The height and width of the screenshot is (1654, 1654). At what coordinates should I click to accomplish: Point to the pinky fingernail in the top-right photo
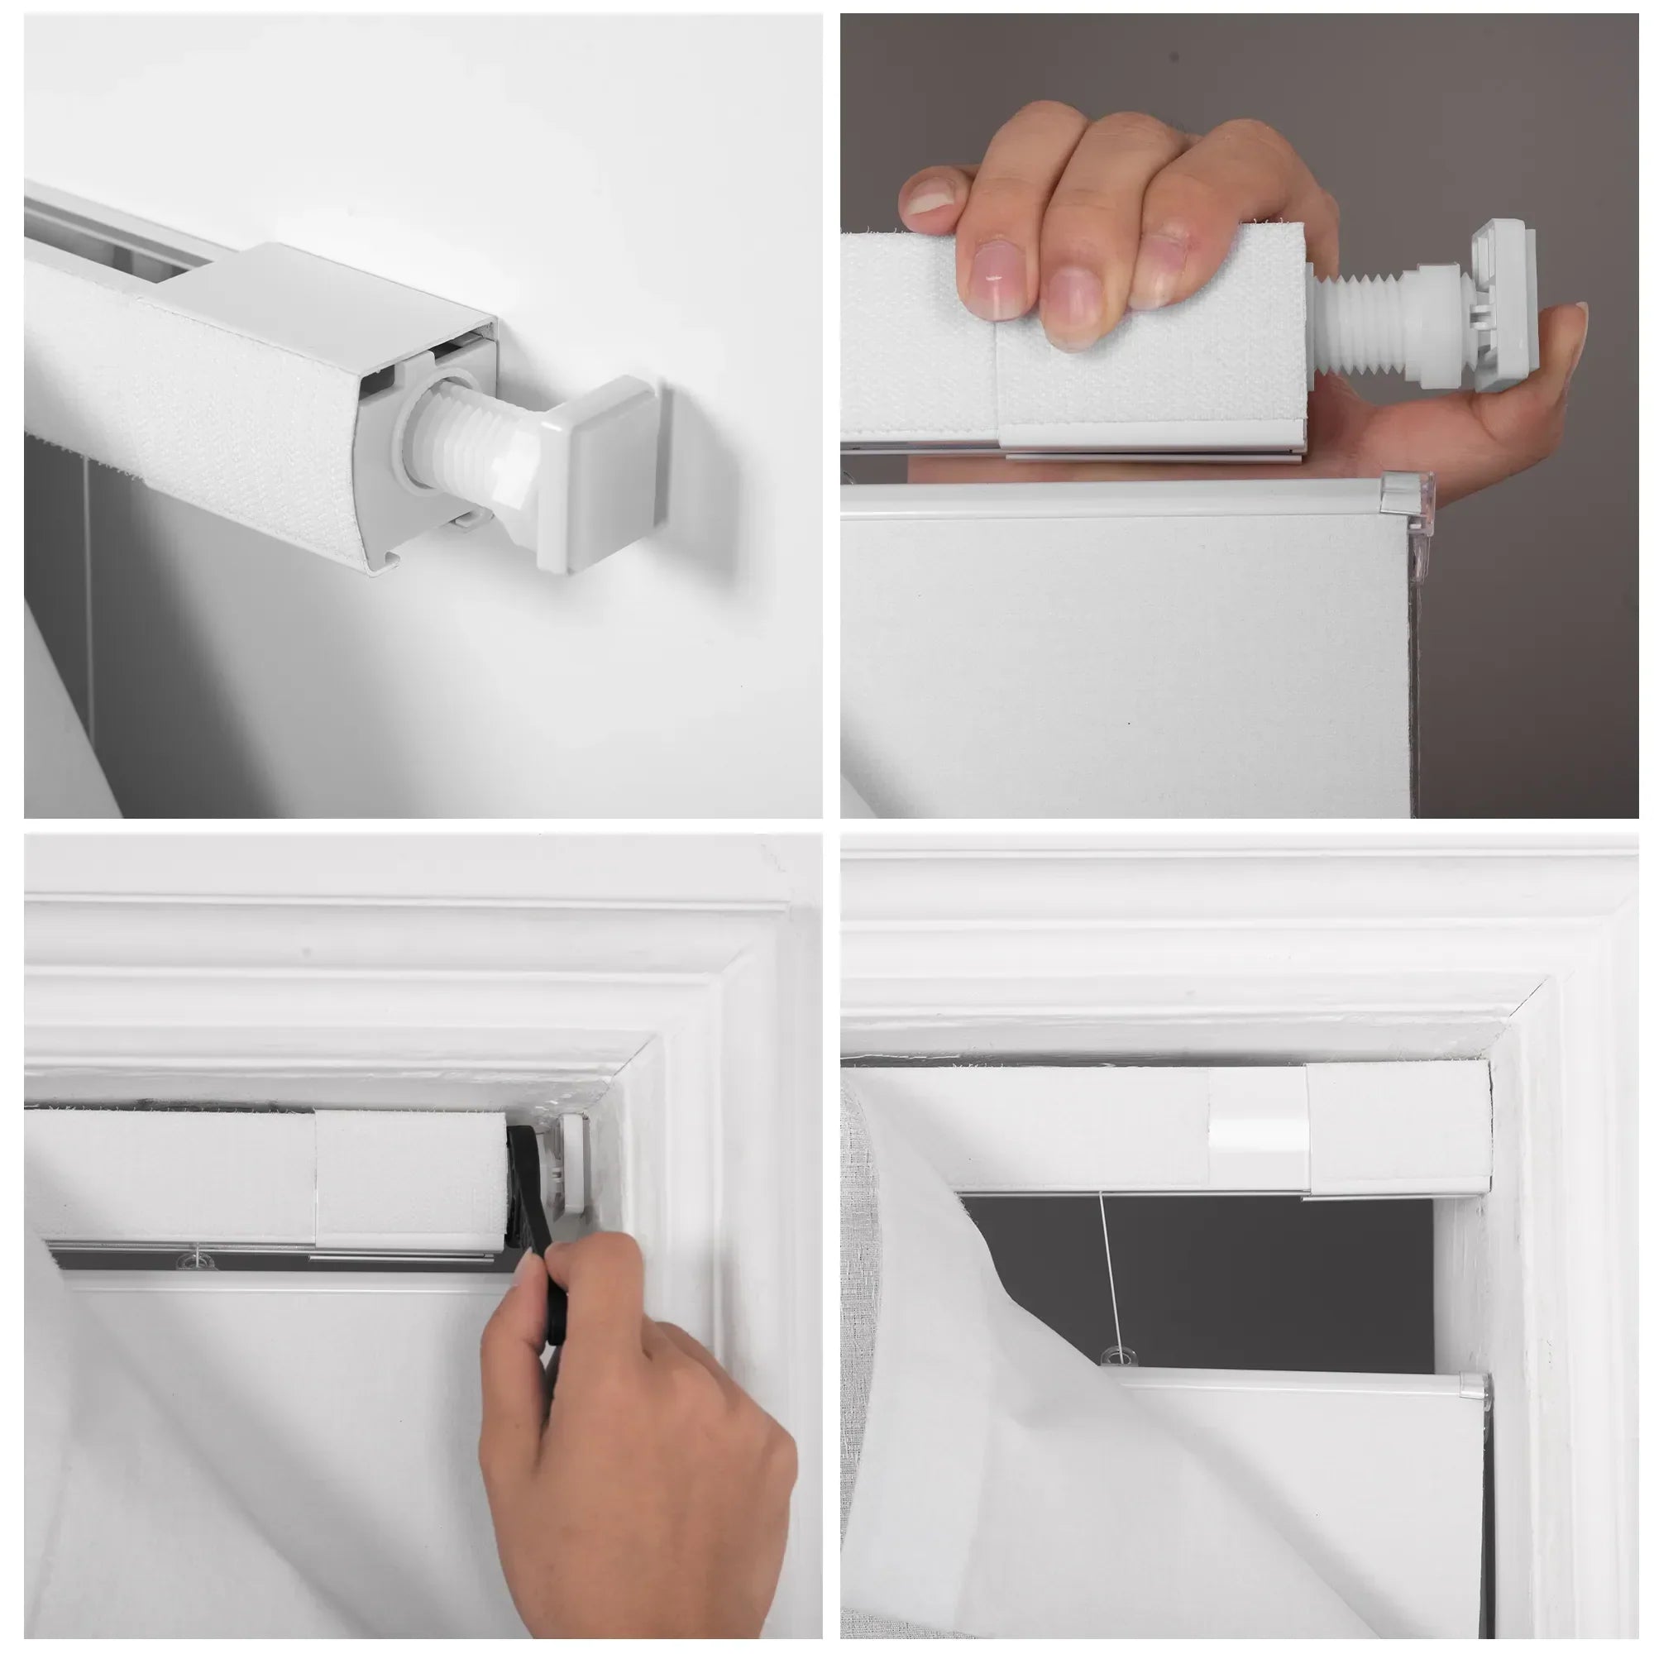click(x=931, y=196)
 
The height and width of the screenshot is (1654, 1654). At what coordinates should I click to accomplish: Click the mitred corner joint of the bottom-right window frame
click(x=1541, y=1011)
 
